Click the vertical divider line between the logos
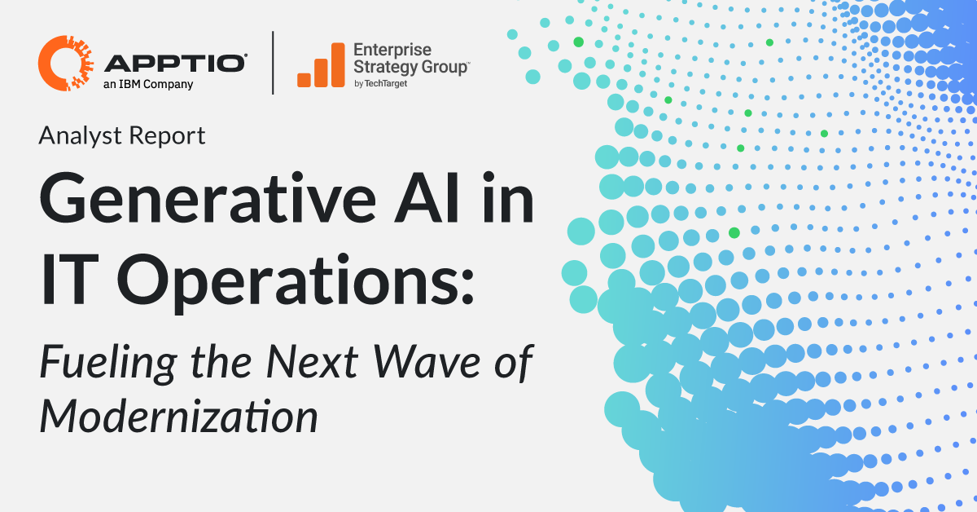tap(272, 64)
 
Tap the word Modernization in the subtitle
tap(178, 417)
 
